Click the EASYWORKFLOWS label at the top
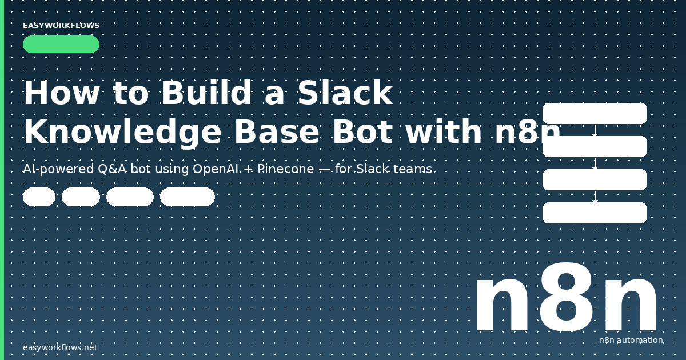(x=61, y=26)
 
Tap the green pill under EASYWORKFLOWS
(x=61, y=45)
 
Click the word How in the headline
(x=61, y=93)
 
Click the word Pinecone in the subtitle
(x=284, y=169)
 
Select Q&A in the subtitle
(x=109, y=169)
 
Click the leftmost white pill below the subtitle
(x=39, y=197)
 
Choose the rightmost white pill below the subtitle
(x=187, y=197)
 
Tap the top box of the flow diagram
(x=595, y=113)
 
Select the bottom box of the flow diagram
(x=595, y=213)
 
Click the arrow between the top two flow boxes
(x=595, y=130)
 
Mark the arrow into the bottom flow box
(x=595, y=197)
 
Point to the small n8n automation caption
(x=631, y=341)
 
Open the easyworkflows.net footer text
(x=60, y=347)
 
